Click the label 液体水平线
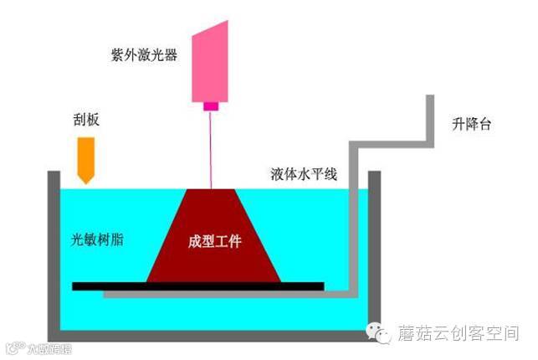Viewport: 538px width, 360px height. [303, 175]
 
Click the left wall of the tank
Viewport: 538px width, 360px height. [53, 251]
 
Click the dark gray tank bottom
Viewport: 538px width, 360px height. [213, 335]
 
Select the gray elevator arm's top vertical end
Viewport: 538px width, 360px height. [429, 117]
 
